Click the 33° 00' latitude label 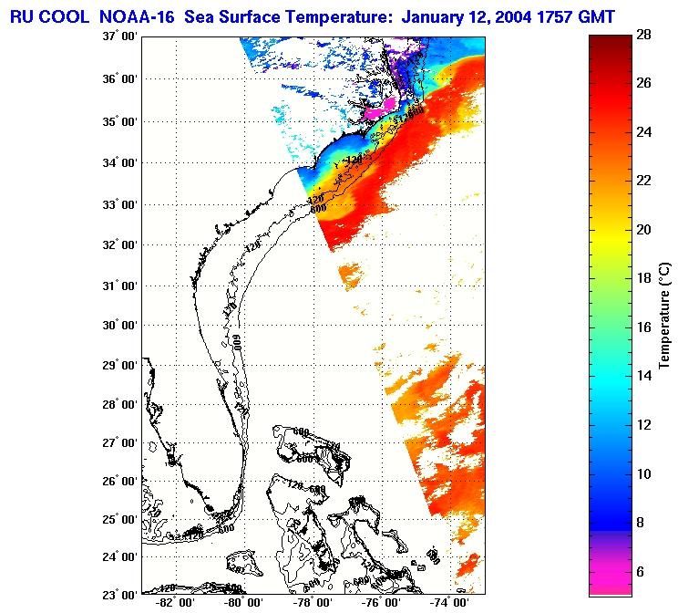[118, 204]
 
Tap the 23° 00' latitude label [118, 595]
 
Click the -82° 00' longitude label [174, 605]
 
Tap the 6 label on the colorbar [642, 571]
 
